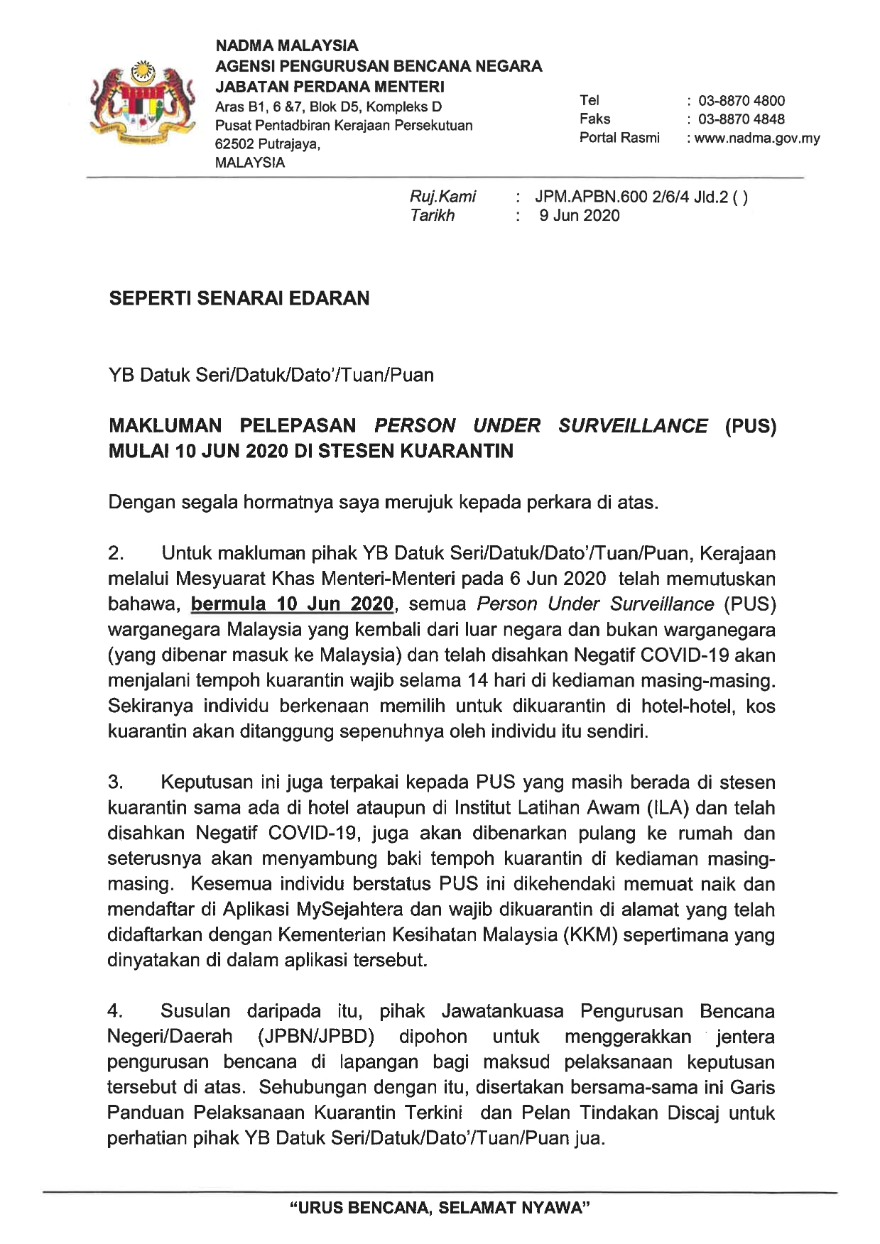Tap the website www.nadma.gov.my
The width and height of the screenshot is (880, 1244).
(757, 138)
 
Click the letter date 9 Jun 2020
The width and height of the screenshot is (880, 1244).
(579, 216)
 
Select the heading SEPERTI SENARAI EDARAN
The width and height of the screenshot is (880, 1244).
(239, 298)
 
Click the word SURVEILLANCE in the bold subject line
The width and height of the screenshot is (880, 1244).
(633, 426)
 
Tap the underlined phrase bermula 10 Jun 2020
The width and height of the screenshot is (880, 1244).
(292, 604)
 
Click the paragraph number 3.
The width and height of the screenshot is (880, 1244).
(116, 782)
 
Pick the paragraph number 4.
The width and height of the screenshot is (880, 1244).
(116, 1011)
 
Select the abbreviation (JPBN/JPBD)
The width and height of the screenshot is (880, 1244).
(316, 1037)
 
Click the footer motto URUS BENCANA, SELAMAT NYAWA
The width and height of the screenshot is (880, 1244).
(440, 1208)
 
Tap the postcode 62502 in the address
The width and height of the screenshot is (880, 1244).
(234, 144)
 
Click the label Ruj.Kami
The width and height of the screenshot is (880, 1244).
(442, 197)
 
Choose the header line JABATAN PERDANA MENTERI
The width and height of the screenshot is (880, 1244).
(330, 87)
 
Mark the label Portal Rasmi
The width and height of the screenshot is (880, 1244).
(619, 138)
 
